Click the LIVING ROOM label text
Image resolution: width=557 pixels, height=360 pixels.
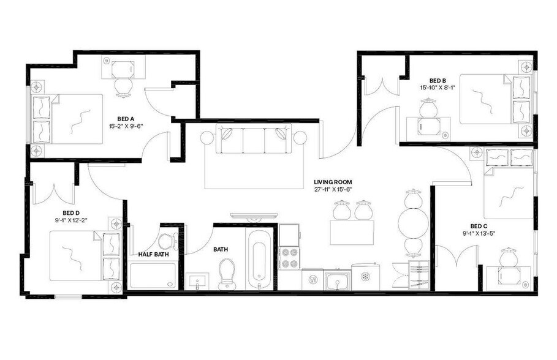pyautogui.click(x=333, y=182)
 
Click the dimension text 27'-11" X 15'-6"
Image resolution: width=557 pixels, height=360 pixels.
pyautogui.click(x=333, y=191)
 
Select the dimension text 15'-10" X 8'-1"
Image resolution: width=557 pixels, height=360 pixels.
pyautogui.click(x=437, y=88)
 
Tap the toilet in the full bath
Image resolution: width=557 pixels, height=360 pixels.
pyautogui.click(x=227, y=273)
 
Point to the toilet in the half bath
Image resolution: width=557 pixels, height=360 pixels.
pyautogui.click(x=167, y=240)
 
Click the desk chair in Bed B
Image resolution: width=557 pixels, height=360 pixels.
pyautogui.click(x=427, y=108)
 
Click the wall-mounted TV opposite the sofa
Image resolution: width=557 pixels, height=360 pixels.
pyautogui.click(x=254, y=215)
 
